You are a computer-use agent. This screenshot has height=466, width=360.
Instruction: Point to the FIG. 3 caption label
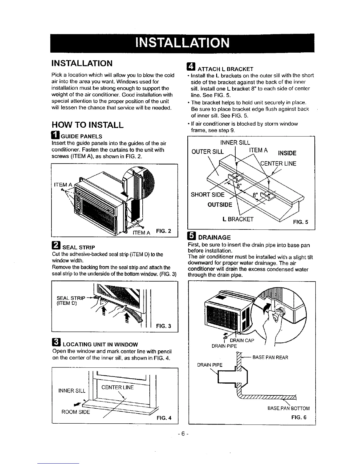[164, 326]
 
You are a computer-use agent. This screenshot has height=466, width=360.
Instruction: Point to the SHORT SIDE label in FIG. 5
[208, 195]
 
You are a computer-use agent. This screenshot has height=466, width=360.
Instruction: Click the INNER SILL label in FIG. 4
[72, 391]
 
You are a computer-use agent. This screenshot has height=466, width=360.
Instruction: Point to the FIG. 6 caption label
[299, 417]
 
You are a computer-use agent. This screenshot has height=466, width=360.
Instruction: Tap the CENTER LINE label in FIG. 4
[117, 387]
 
